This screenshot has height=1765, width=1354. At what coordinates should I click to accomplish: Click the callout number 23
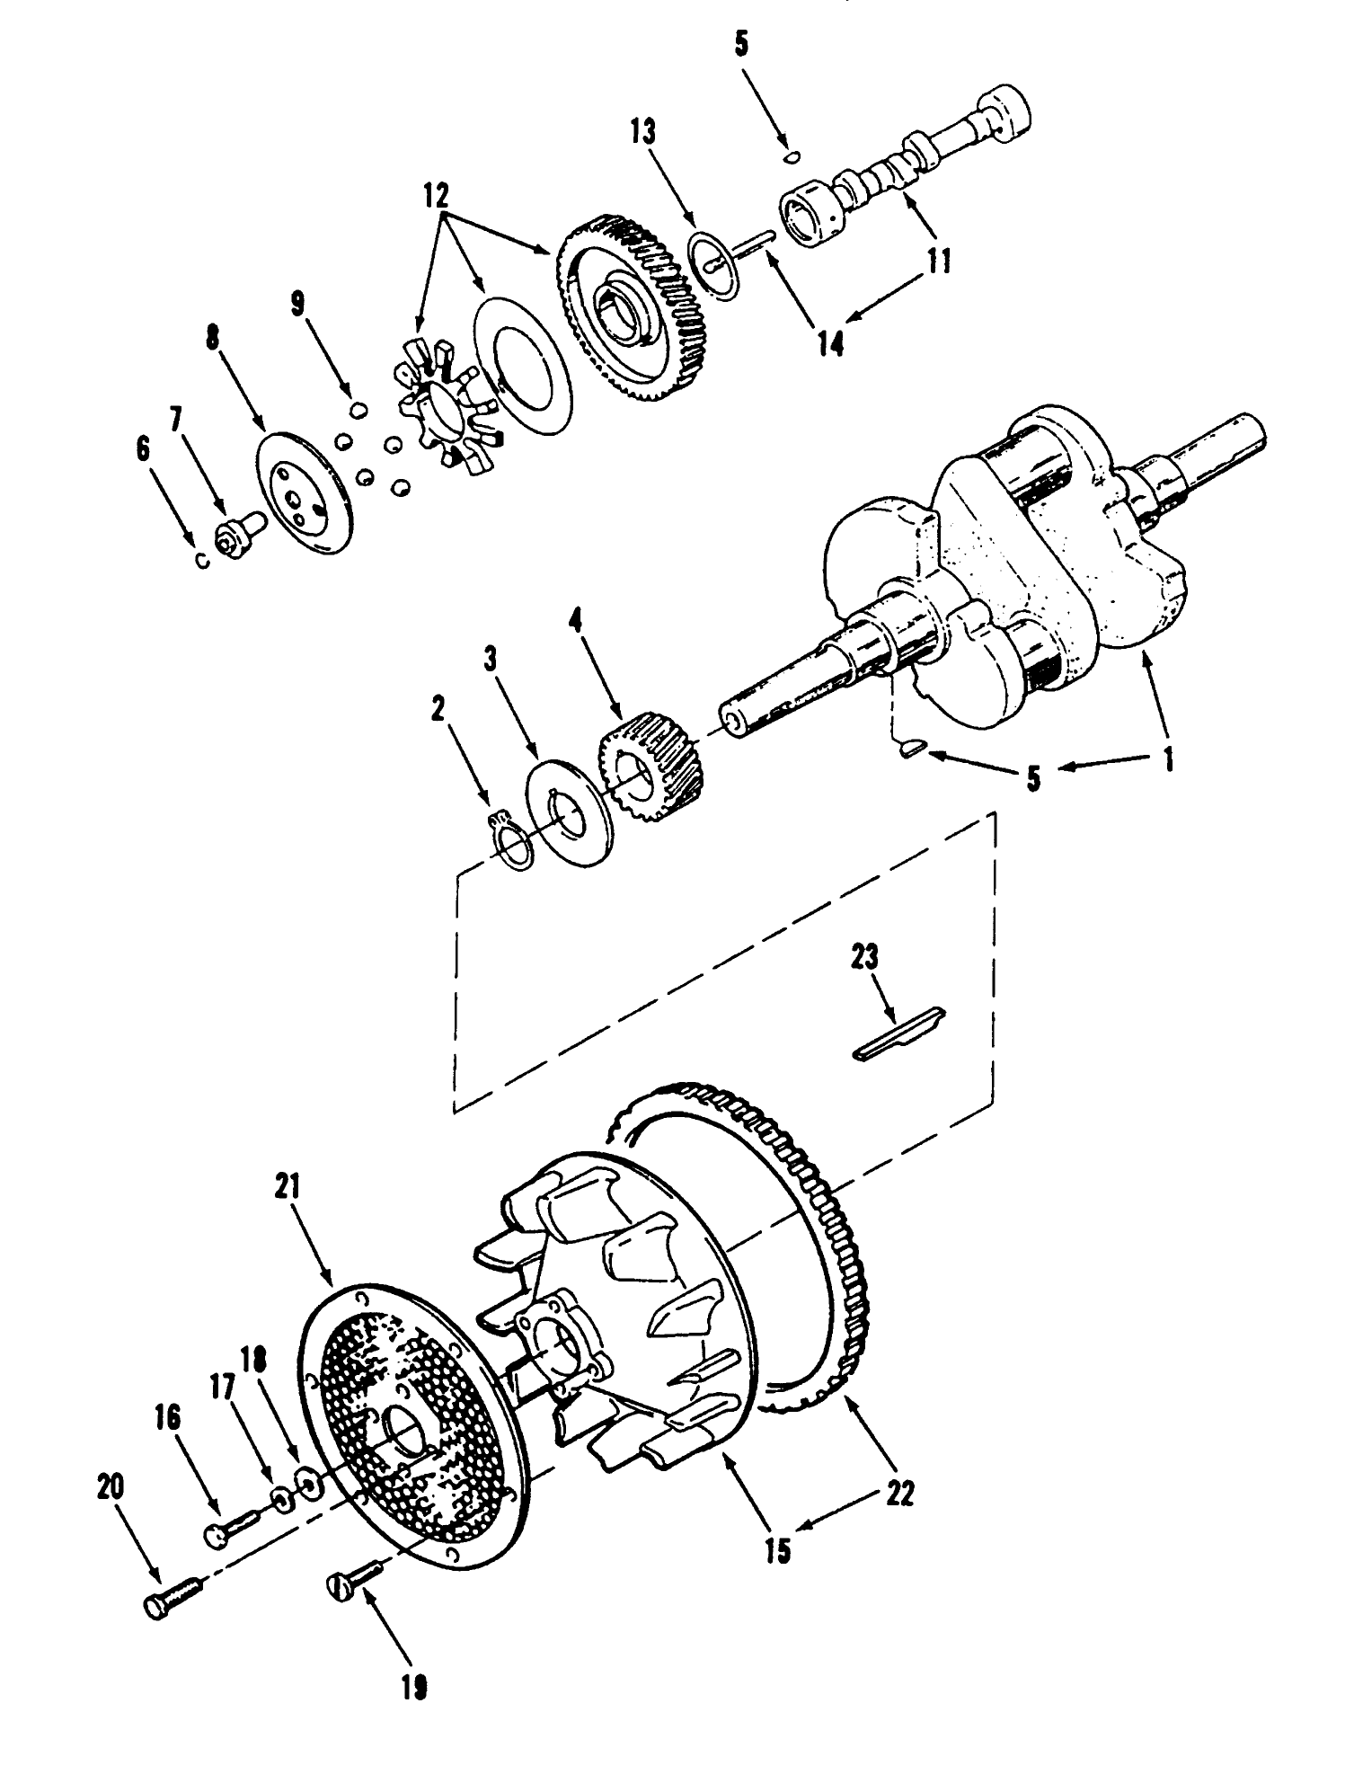pos(866,957)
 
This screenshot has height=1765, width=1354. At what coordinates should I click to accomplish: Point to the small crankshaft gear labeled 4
pos(651,764)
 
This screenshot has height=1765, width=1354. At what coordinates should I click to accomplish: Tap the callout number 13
pos(642,132)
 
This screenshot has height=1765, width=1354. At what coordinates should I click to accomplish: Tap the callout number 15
pos(778,1550)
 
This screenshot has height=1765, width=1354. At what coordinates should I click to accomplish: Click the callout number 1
pos(1168,760)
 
